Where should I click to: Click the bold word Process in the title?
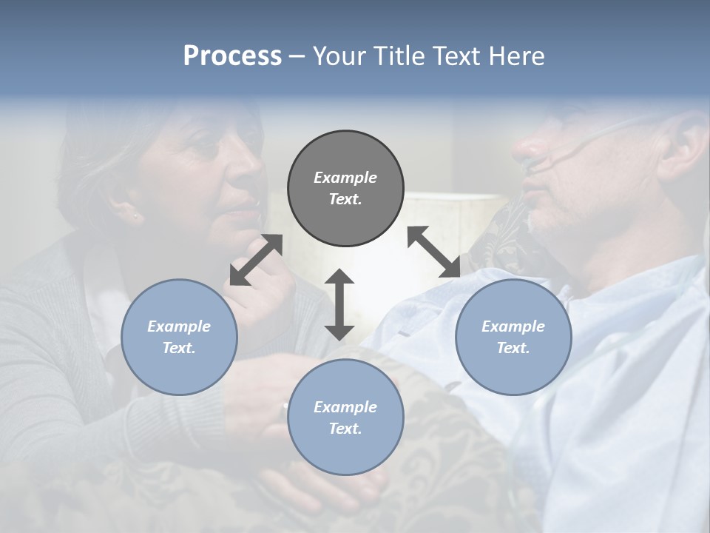tap(232, 56)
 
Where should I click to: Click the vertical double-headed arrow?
tap(339, 304)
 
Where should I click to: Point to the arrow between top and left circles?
tap(256, 260)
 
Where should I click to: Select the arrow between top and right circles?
tap(434, 252)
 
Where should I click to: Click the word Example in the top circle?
tap(345, 178)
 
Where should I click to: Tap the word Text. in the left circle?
tap(179, 348)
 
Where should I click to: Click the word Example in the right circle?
tap(513, 326)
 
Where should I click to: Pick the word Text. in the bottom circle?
tap(345, 429)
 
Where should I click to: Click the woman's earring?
tap(136, 217)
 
